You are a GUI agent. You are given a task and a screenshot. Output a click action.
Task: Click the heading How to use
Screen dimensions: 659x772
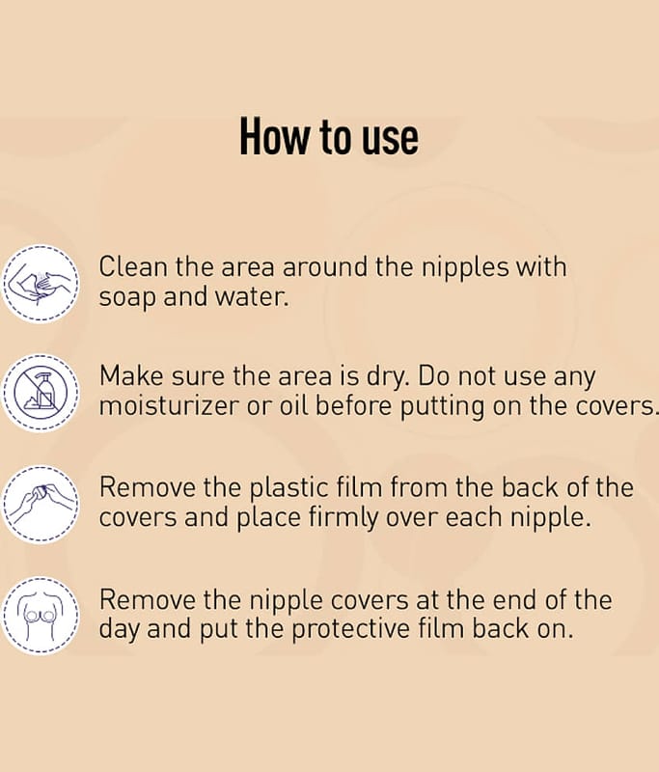tap(329, 137)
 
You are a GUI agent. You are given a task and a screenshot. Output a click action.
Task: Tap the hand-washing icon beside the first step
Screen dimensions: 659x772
tap(41, 284)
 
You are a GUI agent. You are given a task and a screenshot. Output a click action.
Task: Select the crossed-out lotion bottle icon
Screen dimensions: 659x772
tap(41, 393)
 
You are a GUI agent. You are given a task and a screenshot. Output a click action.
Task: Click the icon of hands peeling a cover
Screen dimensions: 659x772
tap(41, 505)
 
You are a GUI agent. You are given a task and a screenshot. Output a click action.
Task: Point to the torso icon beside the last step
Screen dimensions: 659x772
tap(41, 616)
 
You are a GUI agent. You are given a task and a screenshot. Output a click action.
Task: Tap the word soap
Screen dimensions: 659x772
tap(127, 298)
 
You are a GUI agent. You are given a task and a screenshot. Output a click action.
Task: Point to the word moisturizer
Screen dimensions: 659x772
tap(169, 406)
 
